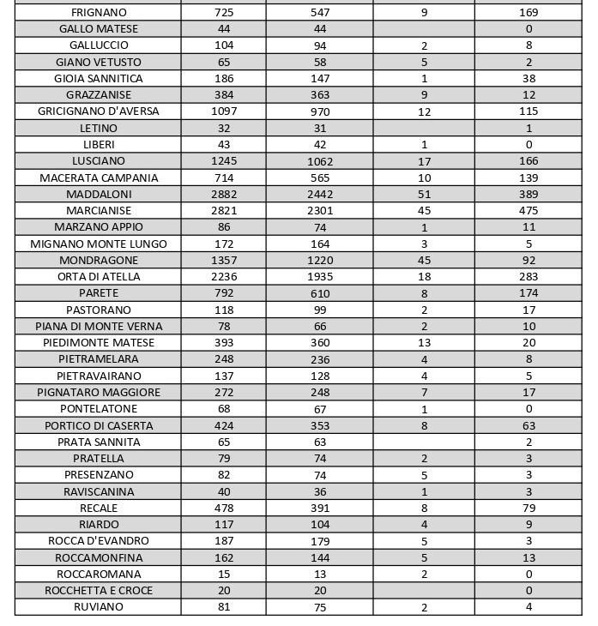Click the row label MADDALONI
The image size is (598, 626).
coord(99,195)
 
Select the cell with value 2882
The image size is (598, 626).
coord(223,195)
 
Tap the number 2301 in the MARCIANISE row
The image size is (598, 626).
coord(319,211)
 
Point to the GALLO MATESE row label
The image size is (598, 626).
coord(99,29)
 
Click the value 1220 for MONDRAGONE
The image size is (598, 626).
coord(319,261)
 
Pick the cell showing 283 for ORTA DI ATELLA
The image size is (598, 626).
coord(529,277)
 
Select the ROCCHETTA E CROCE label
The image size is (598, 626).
coord(99,591)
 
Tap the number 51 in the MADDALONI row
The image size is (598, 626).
coord(424,195)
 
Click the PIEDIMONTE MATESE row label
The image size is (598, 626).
coord(99,343)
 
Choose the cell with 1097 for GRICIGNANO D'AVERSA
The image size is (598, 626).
coord(223,111)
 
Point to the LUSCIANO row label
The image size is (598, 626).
coord(99,161)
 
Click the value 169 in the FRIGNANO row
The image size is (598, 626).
coord(529,13)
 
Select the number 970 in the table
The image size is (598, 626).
coord(319,111)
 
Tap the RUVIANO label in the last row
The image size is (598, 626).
coord(99,607)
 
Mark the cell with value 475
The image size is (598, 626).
coord(529,211)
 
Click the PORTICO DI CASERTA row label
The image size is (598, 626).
coord(99,425)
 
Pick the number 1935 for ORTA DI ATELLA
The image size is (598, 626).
coord(319,277)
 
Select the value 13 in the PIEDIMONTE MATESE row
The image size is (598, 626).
coord(424,343)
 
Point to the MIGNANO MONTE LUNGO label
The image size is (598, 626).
coord(99,244)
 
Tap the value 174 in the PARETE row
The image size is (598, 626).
coord(529,293)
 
